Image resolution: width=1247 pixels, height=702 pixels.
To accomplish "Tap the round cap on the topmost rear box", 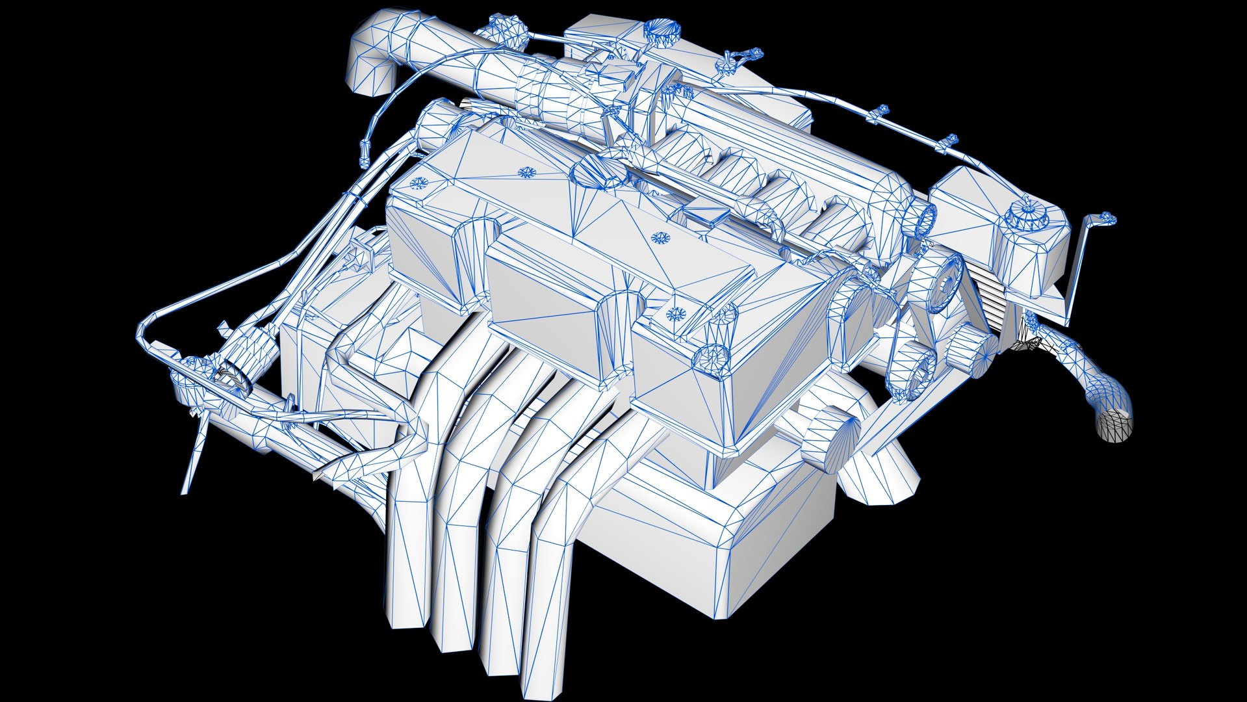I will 661,31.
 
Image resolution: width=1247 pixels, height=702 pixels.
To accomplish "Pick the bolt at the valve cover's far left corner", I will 417,183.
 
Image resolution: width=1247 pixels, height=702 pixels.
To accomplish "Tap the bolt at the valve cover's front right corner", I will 676,315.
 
